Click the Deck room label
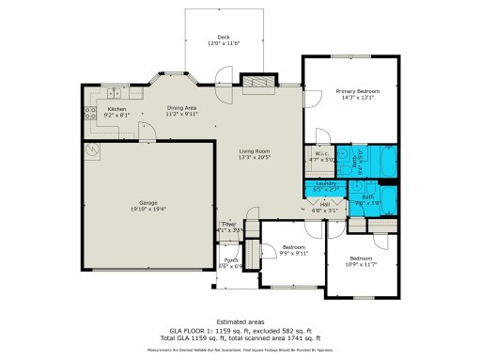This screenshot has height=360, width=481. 224,37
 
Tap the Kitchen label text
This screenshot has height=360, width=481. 116,109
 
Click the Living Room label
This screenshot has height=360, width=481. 254,151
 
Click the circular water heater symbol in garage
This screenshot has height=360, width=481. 92,149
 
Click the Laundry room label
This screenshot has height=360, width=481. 325,184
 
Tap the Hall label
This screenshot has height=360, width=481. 325,203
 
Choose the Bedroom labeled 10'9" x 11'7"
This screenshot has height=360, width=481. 362,263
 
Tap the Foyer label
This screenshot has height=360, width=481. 229,225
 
